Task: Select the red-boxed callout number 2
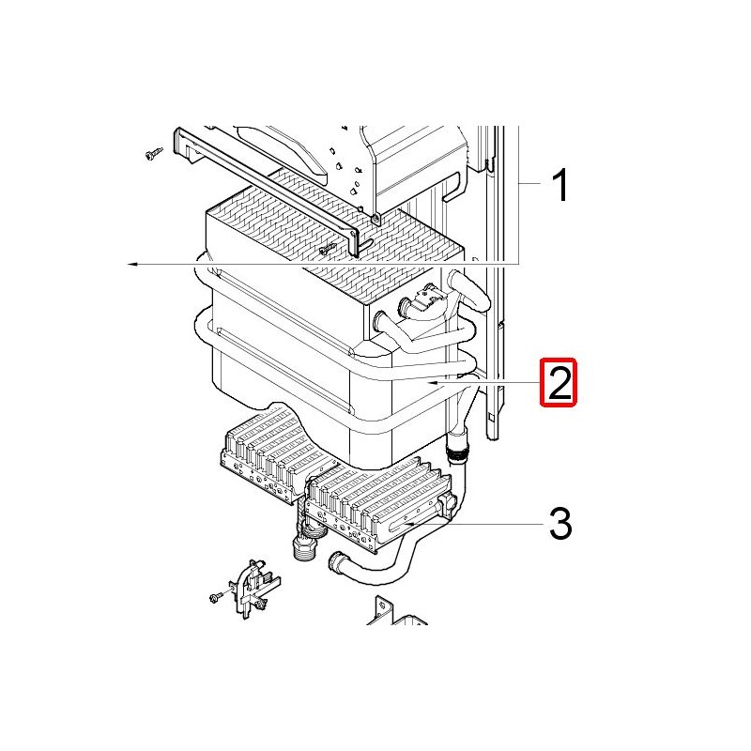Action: tap(559, 382)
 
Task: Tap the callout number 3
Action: tap(559, 524)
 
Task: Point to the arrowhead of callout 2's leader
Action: tap(434, 383)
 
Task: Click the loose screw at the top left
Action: tap(153, 154)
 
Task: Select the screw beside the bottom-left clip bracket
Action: tap(217, 596)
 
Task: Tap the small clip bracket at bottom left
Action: tap(253, 589)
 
